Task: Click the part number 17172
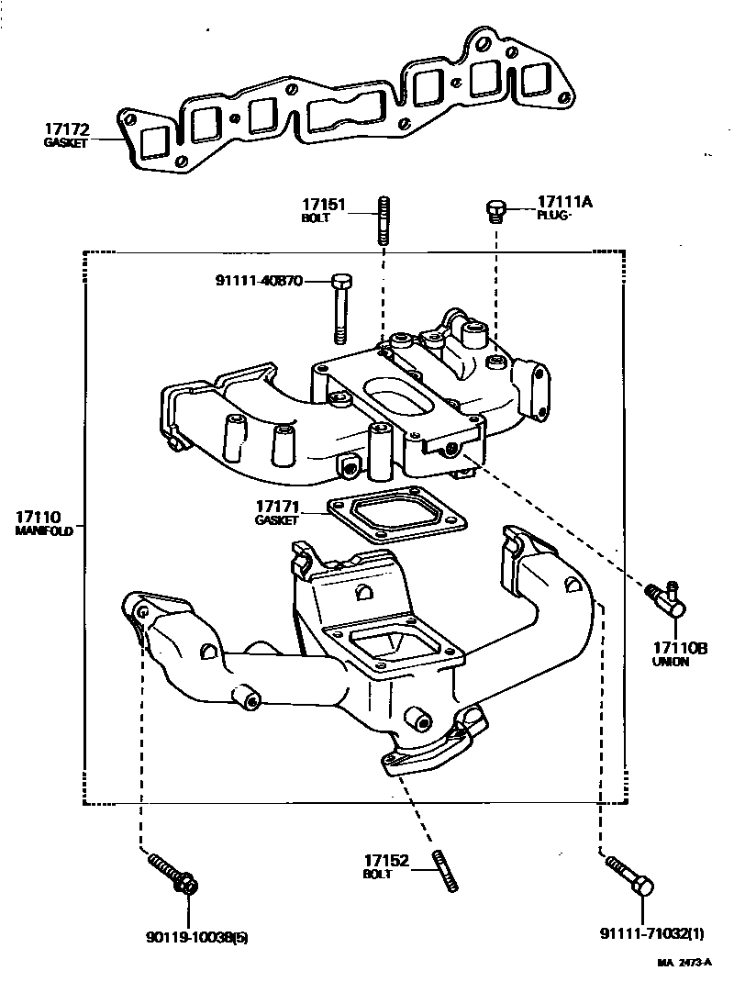65,129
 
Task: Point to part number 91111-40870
260,282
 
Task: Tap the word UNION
670,662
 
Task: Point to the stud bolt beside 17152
447,871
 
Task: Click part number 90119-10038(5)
196,937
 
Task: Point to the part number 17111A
565,202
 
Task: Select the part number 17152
385,861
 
